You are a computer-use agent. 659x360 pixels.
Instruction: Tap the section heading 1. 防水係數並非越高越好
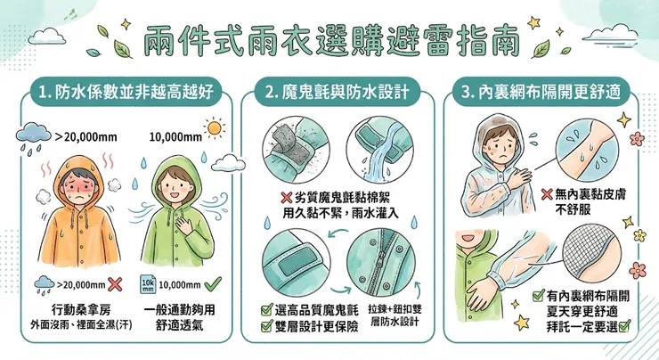(x=126, y=92)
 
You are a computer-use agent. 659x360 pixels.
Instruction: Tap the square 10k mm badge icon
(x=149, y=284)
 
